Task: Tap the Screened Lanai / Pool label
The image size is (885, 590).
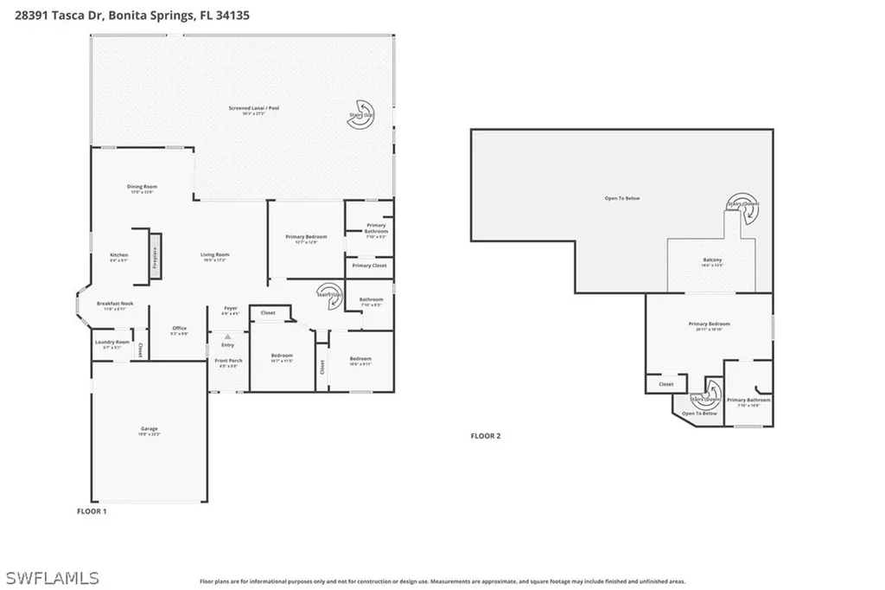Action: [x=253, y=109]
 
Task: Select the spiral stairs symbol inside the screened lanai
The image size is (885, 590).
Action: [x=361, y=119]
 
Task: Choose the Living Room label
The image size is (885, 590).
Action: [x=214, y=256]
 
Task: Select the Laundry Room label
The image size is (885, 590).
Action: [x=111, y=343]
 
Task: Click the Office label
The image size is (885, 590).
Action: [x=180, y=330]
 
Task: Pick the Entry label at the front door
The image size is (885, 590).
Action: [x=228, y=345]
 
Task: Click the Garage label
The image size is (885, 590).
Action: [x=150, y=430]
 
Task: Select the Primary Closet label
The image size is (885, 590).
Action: [x=369, y=266]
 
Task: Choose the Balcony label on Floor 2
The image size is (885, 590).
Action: [x=712, y=262]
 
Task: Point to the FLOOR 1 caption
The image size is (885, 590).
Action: [x=92, y=511]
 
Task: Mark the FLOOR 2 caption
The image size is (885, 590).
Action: [x=485, y=436]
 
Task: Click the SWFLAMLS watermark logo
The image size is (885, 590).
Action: [x=52, y=577]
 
